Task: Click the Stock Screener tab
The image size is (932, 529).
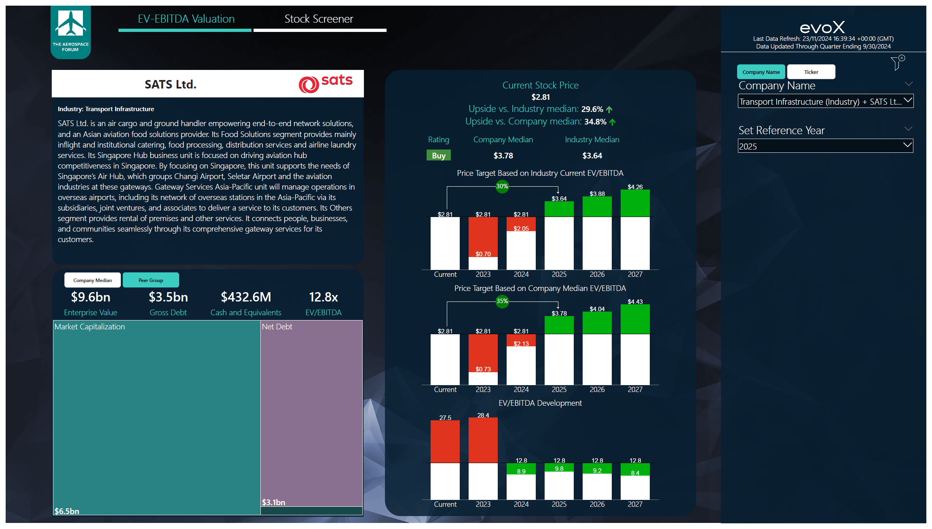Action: pos(319,19)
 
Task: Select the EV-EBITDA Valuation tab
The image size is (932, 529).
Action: pos(186,19)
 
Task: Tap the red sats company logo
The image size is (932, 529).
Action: pos(325,83)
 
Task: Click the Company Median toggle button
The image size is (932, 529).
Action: pos(93,280)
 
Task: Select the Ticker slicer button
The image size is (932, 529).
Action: pos(811,72)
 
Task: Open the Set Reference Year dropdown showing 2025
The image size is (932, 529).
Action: pos(825,146)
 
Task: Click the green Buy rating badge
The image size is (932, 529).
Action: pos(438,156)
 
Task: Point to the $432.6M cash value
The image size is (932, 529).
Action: pos(246,297)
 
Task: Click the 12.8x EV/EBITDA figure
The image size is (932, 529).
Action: pos(323,297)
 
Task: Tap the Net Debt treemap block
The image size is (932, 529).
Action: pos(311,412)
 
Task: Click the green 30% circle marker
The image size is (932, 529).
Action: pos(502,186)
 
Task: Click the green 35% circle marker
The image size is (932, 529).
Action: pos(502,301)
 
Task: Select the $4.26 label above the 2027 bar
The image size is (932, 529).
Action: pos(635,187)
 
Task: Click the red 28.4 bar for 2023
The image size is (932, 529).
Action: pos(483,440)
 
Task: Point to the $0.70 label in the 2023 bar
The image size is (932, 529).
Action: pos(483,254)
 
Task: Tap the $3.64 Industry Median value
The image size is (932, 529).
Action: pos(592,156)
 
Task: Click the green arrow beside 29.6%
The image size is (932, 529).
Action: pos(609,110)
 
